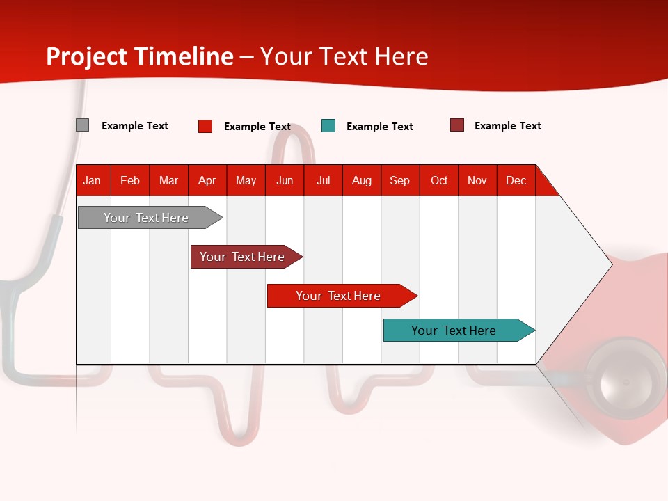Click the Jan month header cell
(x=93, y=180)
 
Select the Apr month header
(x=207, y=180)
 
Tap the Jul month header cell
(x=323, y=180)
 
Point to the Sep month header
(x=400, y=180)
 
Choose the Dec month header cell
(x=516, y=180)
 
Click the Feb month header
(x=130, y=180)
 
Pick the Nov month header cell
(x=477, y=180)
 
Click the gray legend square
(x=82, y=125)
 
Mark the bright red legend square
(x=205, y=126)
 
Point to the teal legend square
(x=328, y=126)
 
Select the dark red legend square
(x=457, y=125)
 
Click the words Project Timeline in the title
(x=140, y=56)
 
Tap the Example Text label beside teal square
(x=380, y=127)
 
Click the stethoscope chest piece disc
(x=624, y=379)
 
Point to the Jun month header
(x=285, y=180)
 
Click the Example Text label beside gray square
(x=135, y=126)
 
